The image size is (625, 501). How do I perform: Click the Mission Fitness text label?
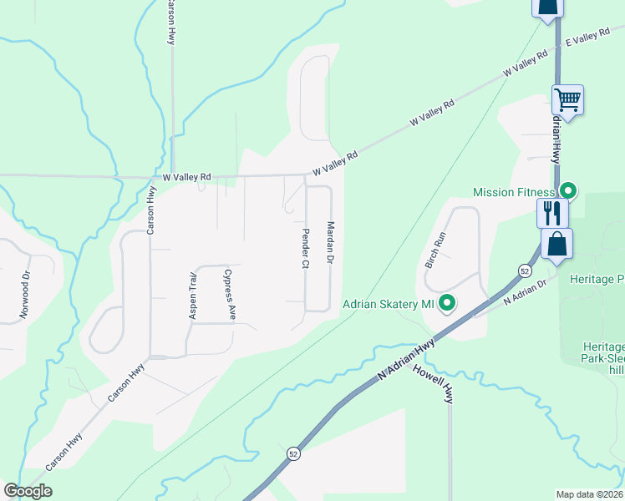point(514,192)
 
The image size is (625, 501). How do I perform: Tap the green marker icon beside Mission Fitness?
point(567,191)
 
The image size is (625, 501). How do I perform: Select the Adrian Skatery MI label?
point(389,304)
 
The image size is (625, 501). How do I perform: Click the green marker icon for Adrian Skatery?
point(447,303)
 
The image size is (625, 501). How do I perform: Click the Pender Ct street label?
point(306,248)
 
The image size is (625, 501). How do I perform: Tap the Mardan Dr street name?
point(331,245)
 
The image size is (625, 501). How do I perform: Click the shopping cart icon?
point(568,100)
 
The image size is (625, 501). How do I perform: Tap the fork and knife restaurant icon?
point(552,212)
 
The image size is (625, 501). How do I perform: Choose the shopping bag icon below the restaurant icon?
point(557,245)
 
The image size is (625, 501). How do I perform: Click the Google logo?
point(28,491)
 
